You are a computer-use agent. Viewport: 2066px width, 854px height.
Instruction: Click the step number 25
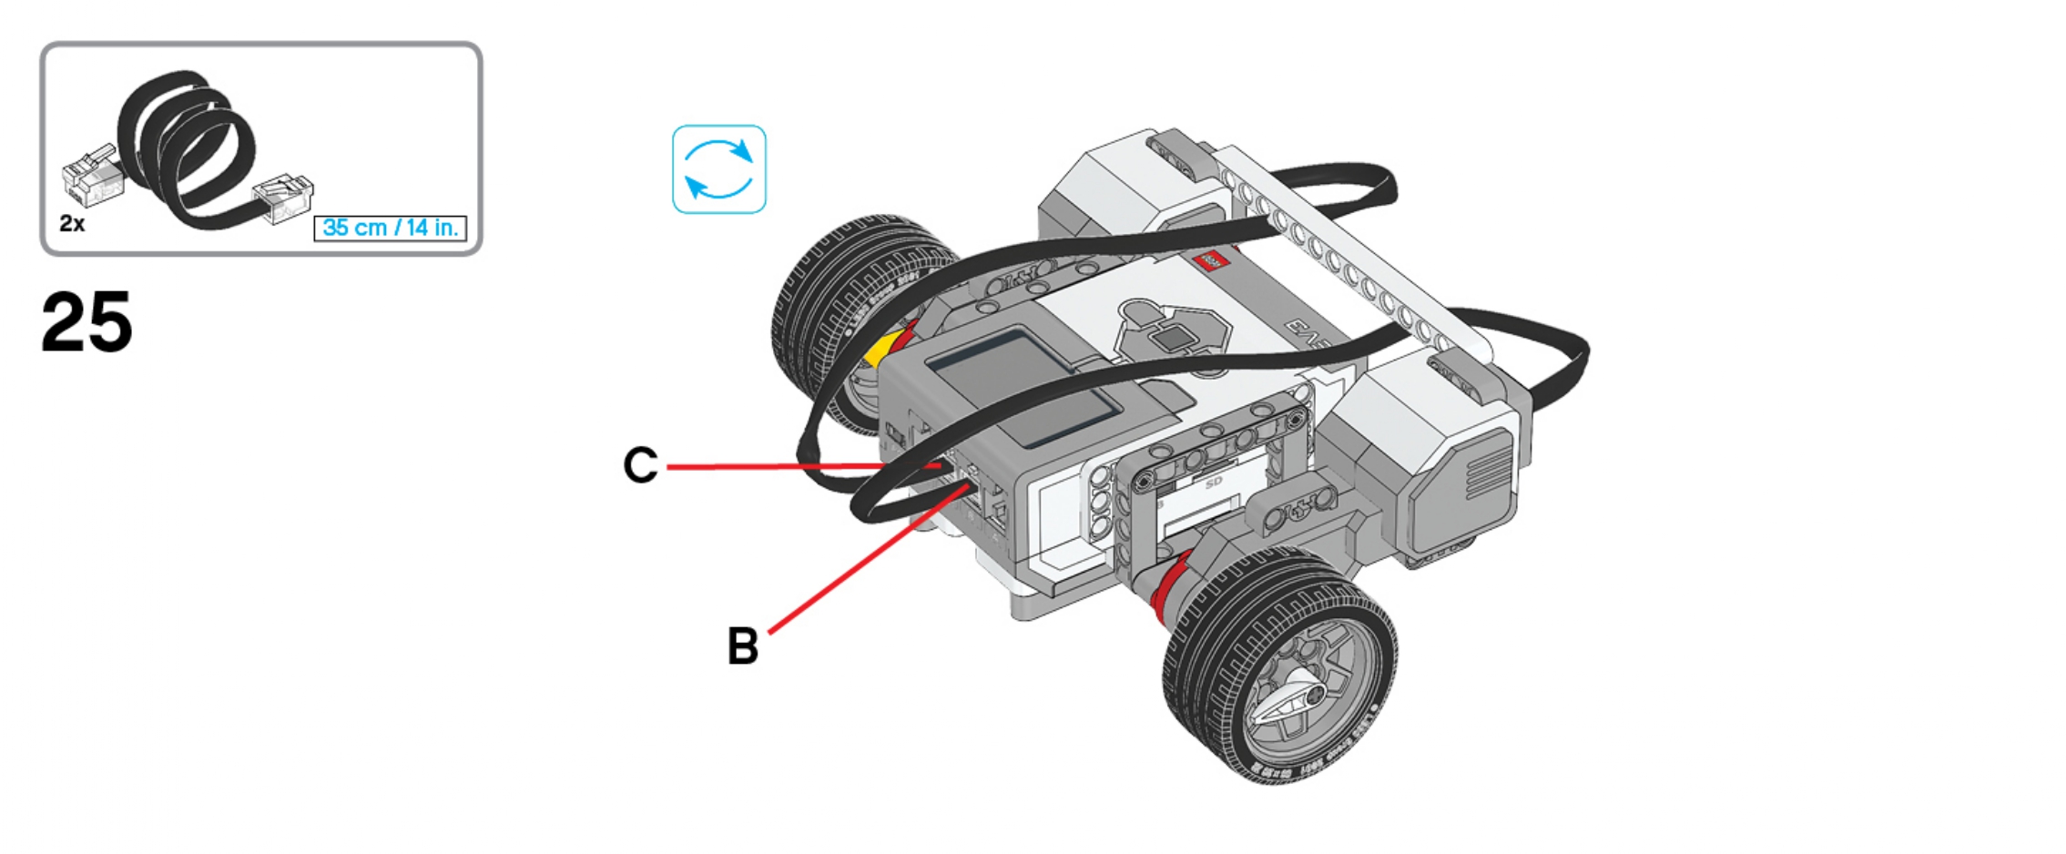pos(87,322)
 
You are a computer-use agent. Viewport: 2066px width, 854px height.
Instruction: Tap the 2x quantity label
pos(72,223)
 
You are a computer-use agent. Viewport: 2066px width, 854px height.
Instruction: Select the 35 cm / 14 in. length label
pos(390,228)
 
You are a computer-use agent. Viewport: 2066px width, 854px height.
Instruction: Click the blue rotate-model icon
pos(718,169)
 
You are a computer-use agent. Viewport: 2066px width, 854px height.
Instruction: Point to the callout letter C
pos(640,465)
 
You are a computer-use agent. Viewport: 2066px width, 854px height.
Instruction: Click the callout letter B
pos(743,646)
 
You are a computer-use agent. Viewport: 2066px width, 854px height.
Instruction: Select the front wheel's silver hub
pos(1302,687)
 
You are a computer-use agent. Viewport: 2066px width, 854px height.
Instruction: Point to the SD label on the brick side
pos(1213,483)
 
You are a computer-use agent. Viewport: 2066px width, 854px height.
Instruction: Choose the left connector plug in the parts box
pos(91,178)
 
